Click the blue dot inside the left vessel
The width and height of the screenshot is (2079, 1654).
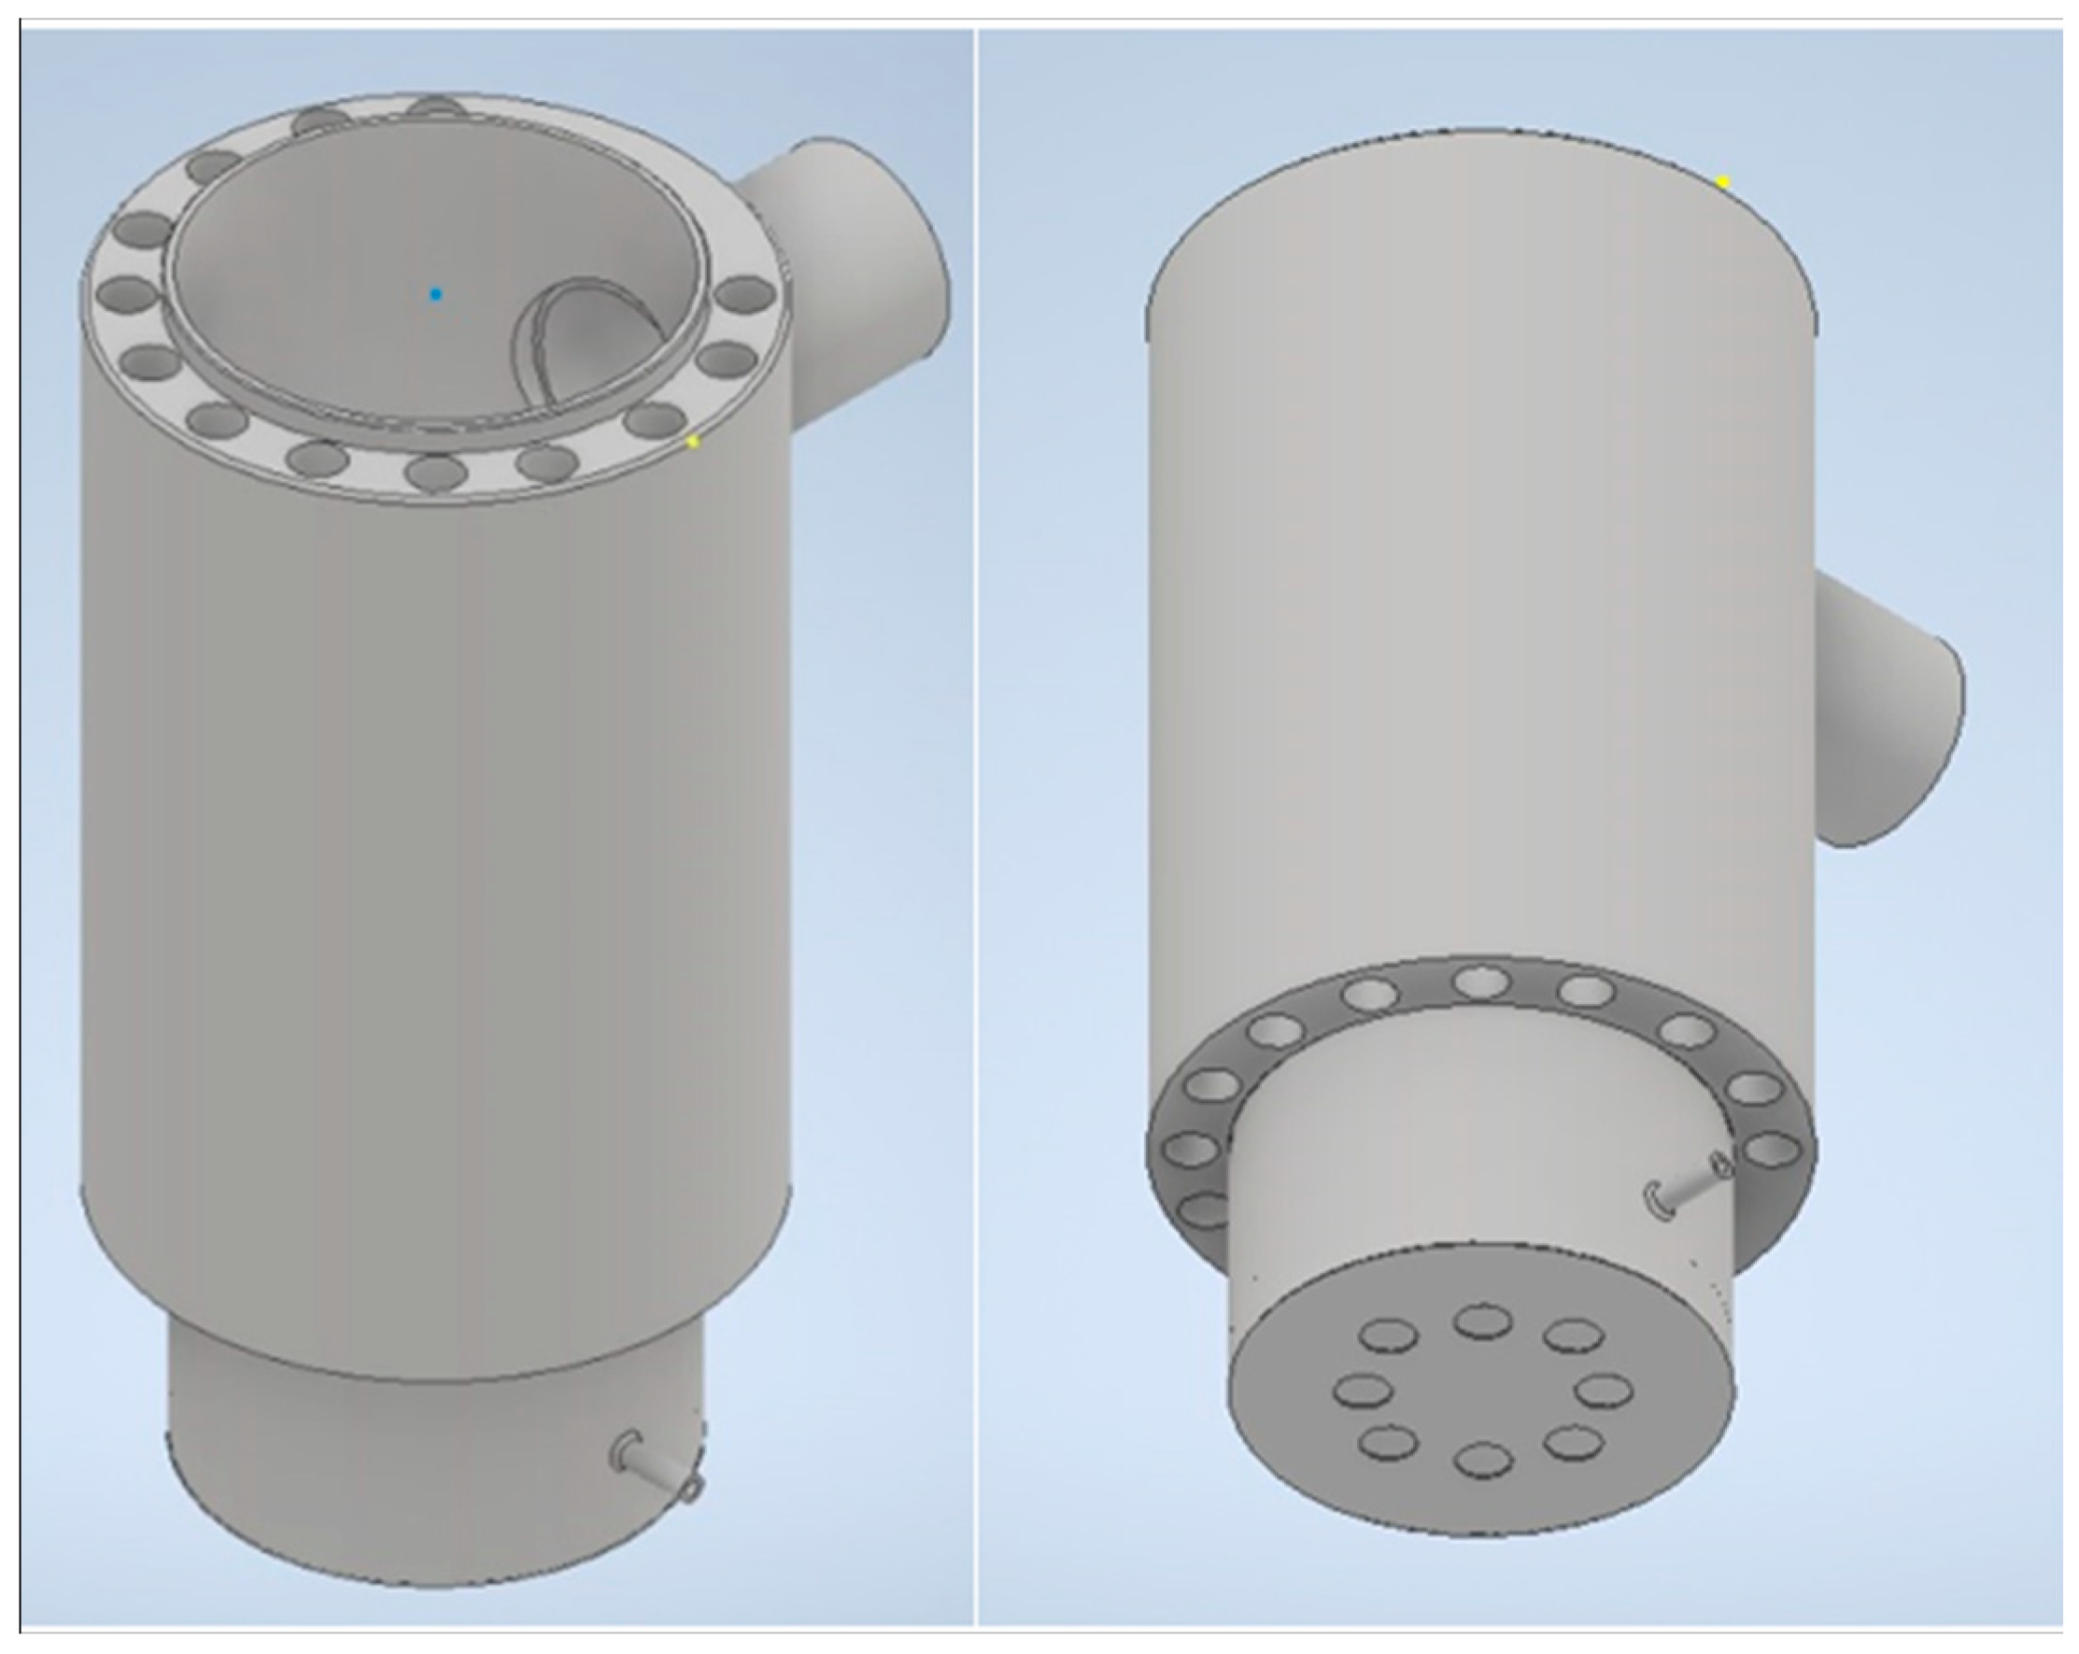(436, 294)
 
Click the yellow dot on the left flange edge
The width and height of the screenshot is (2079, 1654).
(692, 442)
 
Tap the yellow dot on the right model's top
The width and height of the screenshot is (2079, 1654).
(1723, 182)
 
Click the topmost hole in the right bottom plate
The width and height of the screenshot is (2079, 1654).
(1482, 1321)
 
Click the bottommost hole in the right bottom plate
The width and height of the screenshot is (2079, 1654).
(1482, 1459)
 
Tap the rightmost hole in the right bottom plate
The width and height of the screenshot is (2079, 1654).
(1605, 1391)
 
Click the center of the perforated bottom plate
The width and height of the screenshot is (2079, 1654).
(1482, 1391)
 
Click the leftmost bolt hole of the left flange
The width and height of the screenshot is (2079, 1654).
(126, 292)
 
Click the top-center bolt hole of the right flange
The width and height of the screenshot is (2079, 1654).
(1481, 982)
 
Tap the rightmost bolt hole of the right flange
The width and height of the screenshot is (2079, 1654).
(1773, 1150)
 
